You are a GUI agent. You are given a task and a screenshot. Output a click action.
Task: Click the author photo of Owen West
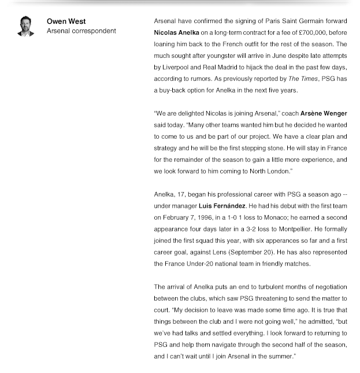point(25,27)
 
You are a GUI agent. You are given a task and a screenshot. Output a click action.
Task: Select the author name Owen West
point(66,21)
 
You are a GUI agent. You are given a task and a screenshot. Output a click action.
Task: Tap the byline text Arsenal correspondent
point(81,31)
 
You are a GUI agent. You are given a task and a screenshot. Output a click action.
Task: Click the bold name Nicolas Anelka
point(176,33)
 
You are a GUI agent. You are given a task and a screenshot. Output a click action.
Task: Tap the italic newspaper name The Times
point(302,79)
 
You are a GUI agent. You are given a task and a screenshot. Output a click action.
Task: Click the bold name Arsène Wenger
point(324,114)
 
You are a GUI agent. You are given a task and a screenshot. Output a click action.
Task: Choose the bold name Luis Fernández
point(222,206)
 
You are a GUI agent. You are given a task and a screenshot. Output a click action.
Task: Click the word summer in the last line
point(280,357)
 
